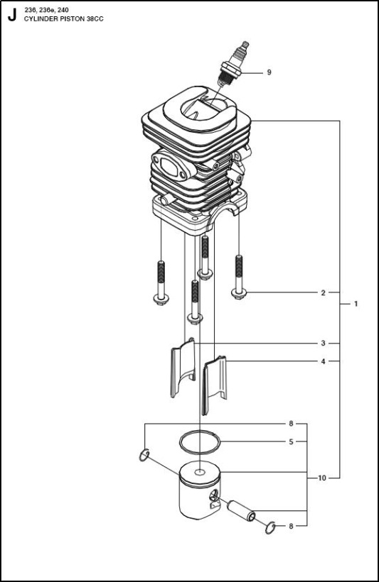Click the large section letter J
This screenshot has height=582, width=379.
pyautogui.click(x=12, y=15)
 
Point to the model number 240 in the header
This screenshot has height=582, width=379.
pyautogui.click(x=63, y=10)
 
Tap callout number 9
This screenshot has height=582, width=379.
pyautogui.click(x=269, y=72)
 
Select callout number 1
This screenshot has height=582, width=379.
pyautogui.click(x=356, y=304)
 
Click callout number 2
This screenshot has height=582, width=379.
pyautogui.click(x=324, y=293)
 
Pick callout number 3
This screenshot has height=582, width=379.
pyautogui.click(x=324, y=344)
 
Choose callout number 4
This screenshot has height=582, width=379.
pyautogui.click(x=324, y=361)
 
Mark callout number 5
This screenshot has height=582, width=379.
pyautogui.click(x=292, y=441)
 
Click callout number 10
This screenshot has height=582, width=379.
pyautogui.click(x=321, y=478)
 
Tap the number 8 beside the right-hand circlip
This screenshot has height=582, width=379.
pyautogui.click(x=292, y=526)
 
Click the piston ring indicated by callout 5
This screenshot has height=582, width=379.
pyautogui.click(x=200, y=432)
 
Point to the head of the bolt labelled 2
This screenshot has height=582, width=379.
pyautogui.click(x=239, y=294)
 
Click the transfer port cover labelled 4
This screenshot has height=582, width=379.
pyautogui.click(x=214, y=384)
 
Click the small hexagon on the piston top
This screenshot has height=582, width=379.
pyautogui.click(x=200, y=473)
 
